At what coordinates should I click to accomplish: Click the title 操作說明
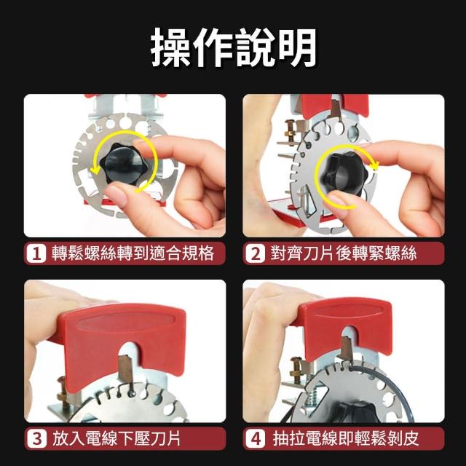click(233, 47)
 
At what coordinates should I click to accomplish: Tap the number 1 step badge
click(36, 253)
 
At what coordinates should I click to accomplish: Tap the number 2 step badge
click(256, 253)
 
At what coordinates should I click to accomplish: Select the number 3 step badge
click(37, 439)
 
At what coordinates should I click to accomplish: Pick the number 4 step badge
click(256, 439)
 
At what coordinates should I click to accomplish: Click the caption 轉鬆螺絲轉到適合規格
click(133, 253)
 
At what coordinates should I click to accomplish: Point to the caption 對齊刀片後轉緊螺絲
click(343, 253)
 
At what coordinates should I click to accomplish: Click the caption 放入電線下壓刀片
click(116, 439)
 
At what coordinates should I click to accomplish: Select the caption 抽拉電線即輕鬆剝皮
click(346, 439)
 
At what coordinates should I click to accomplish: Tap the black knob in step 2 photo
click(345, 172)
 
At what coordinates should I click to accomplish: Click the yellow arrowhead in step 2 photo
click(375, 165)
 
